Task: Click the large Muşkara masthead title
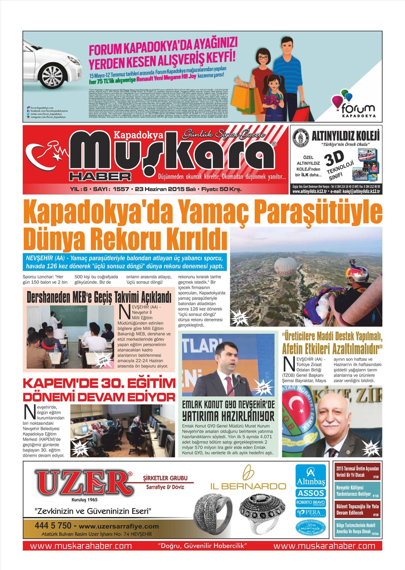(x=173, y=156)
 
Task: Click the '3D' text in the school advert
(x=335, y=159)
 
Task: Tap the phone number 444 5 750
(x=53, y=526)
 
